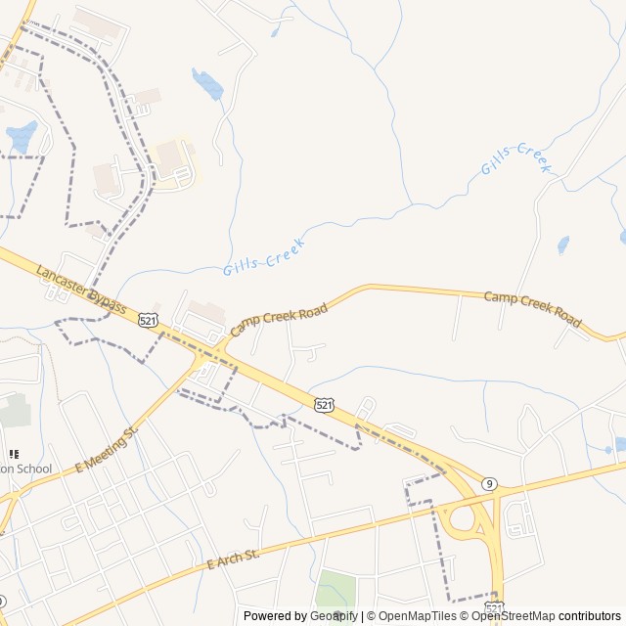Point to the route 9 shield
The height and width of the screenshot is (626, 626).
(x=488, y=483)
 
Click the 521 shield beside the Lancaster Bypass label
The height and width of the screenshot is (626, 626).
(x=148, y=320)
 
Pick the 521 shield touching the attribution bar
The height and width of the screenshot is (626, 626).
(x=495, y=608)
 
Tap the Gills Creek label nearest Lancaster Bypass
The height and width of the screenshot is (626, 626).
(x=264, y=254)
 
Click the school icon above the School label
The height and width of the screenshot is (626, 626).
(x=14, y=454)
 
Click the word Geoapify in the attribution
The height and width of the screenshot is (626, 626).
(x=335, y=616)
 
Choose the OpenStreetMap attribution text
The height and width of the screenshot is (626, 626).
(x=513, y=616)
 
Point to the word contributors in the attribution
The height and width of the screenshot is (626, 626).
(x=590, y=616)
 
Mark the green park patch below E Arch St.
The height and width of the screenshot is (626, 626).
(x=335, y=589)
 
